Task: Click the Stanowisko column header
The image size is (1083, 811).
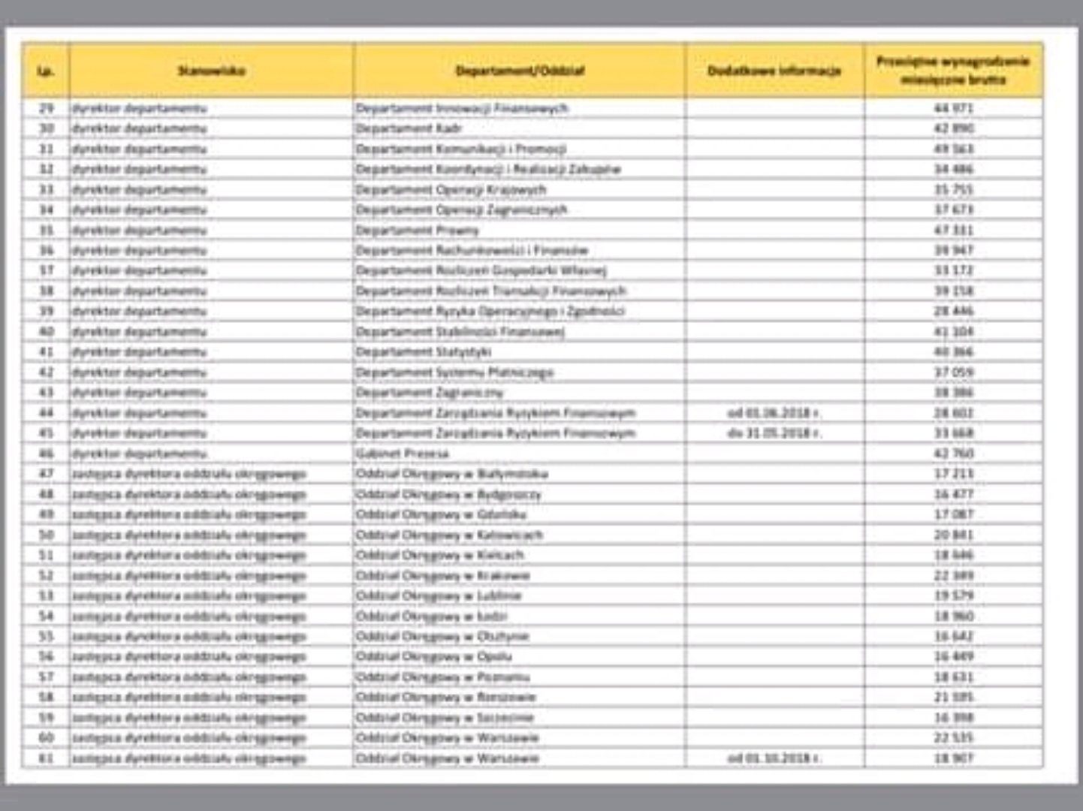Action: pos(211,71)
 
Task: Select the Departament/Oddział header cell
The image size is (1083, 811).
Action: pos(519,71)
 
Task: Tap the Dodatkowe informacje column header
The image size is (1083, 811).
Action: pos(774,71)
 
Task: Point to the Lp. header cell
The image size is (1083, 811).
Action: pos(46,71)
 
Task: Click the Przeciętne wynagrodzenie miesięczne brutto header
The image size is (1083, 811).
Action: pos(952,71)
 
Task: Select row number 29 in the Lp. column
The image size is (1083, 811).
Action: pos(47,108)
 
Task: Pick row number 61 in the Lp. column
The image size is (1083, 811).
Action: pos(47,758)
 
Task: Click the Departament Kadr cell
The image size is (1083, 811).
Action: pos(409,128)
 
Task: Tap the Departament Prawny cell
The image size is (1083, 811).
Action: pos(417,230)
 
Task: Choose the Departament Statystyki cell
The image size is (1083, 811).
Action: pos(424,351)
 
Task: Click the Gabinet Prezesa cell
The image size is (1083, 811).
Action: pos(402,454)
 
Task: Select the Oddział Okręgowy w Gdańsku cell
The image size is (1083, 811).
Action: pos(441,514)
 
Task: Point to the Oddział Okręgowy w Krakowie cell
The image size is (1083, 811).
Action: pos(443,576)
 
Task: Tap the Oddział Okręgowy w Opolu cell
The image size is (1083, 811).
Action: pos(433,657)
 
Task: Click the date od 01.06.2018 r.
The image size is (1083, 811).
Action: pos(774,413)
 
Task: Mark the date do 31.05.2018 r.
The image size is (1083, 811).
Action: pos(774,433)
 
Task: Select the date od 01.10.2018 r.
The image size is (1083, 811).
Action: pos(774,758)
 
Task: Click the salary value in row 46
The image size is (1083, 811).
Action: pos(953,454)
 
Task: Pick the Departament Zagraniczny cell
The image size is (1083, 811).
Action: pos(430,393)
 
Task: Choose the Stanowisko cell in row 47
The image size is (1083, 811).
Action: pos(189,474)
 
